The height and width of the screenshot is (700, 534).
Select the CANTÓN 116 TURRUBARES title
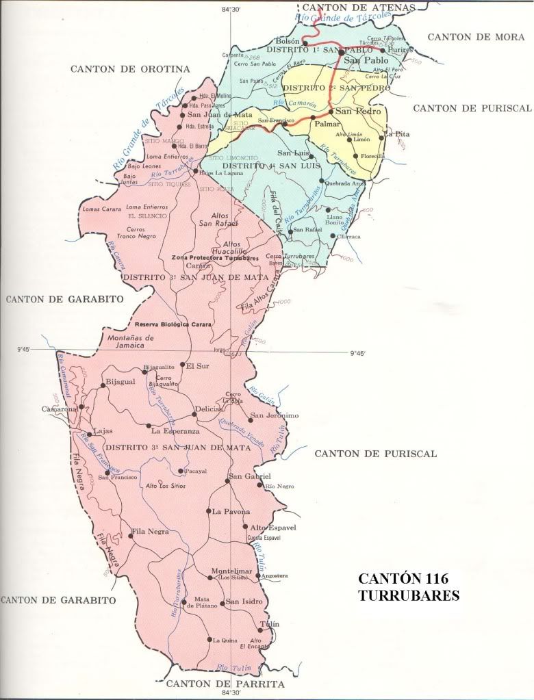point(409,587)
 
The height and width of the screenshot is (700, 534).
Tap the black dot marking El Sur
point(182,365)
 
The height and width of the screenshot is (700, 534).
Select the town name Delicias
point(208,409)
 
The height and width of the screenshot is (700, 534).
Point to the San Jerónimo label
point(275,415)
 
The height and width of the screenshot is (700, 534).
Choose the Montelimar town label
point(232,571)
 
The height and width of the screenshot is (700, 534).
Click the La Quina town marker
point(209,640)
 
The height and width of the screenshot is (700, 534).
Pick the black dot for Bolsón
point(305,44)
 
